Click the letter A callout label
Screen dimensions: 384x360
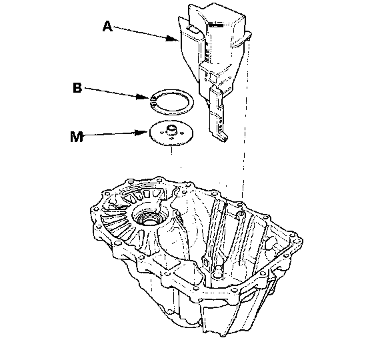[x=107, y=27]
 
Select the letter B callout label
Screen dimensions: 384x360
[x=77, y=88]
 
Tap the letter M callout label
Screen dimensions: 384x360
[x=77, y=137]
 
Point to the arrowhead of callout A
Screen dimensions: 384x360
[x=173, y=39]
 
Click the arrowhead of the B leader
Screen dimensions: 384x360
[x=143, y=97]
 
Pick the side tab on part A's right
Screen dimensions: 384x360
[x=241, y=39]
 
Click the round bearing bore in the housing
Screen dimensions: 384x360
[x=149, y=218]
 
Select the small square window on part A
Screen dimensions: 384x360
[x=213, y=78]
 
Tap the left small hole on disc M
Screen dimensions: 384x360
[x=161, y=133]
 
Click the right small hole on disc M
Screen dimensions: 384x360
[x=182, y=133]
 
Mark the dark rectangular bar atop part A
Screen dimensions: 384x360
[x=215, y=25]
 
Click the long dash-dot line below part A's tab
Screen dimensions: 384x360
[x=245, y=117]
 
